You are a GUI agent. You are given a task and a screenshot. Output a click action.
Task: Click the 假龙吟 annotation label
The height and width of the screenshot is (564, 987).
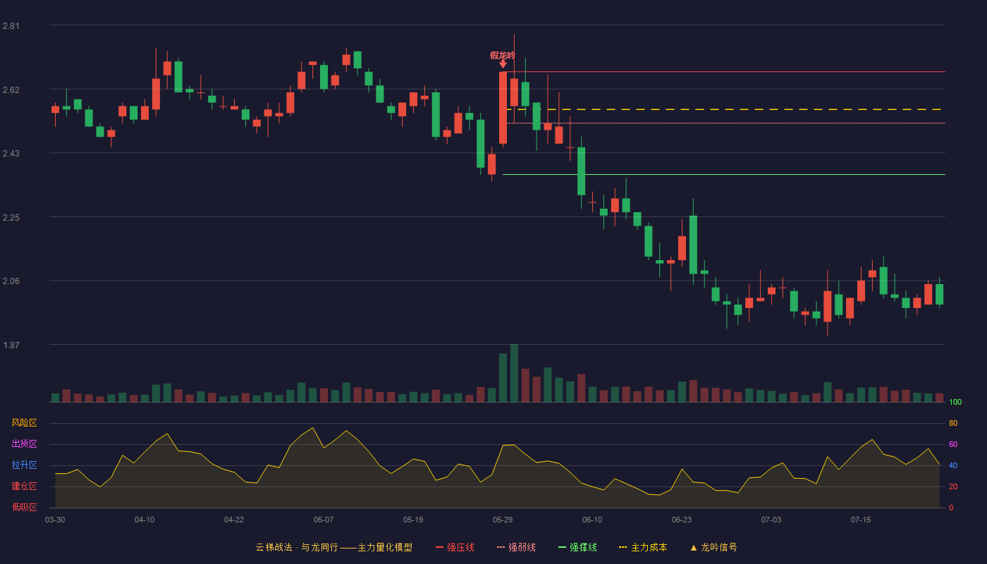(502, 56)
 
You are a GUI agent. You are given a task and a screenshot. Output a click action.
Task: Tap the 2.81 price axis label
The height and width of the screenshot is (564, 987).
(11, 26)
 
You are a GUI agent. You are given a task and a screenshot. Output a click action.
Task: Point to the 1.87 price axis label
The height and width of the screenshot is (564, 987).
(11, 345)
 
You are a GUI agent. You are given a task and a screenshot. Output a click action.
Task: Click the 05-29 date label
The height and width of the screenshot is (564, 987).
(503, 520)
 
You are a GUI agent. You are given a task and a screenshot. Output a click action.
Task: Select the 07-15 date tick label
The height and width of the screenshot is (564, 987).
(861, 520)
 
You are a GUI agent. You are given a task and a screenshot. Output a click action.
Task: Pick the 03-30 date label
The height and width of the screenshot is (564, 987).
(55, 520)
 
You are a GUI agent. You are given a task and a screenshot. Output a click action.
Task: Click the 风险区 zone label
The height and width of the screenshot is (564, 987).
(24, 423)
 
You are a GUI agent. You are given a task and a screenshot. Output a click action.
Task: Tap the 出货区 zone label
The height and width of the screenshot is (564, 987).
(24, 443)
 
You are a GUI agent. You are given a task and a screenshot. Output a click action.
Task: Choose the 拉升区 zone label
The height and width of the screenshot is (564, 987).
(24, 465)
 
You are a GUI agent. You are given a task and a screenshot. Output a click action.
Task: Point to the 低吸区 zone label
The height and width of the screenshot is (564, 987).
(24, 507)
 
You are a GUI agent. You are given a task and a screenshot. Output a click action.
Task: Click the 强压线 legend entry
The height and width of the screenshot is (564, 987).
(455, 547)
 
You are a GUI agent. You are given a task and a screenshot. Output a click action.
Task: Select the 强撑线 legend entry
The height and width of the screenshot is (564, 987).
(577, 547)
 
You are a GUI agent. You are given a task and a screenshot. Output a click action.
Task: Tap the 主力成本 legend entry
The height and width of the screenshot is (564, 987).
(643, 547)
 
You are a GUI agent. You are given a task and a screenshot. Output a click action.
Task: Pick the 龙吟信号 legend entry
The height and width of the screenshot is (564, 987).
(713, 547)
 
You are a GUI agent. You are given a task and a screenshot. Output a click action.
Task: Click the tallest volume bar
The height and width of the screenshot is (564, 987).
(514, 373)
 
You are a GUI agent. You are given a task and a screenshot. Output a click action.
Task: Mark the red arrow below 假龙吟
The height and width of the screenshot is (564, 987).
(503, 64)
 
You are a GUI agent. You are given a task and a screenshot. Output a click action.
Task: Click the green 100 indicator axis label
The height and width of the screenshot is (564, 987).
(955, 402)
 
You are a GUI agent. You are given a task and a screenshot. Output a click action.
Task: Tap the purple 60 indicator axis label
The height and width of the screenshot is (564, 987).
(953, 444)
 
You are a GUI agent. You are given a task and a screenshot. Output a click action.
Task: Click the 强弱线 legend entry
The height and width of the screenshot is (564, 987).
(516, 547)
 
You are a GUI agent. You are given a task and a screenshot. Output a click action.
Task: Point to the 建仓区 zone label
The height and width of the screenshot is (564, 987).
(24, 486)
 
